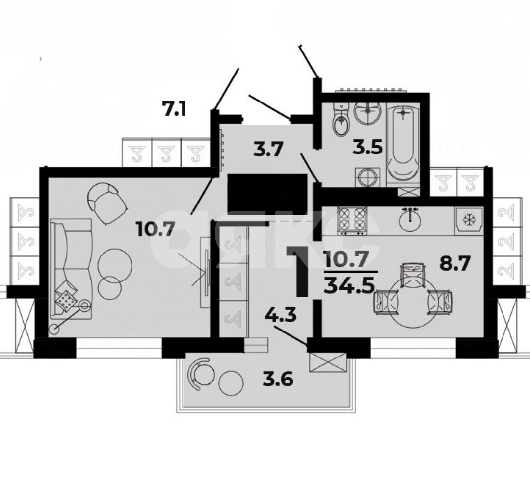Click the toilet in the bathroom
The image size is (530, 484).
(x=341, y=121)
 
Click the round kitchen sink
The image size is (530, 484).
(x=410, y=220)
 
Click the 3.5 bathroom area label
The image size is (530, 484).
(x=369, y=148)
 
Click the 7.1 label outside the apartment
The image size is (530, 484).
(x=174, y=108)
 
